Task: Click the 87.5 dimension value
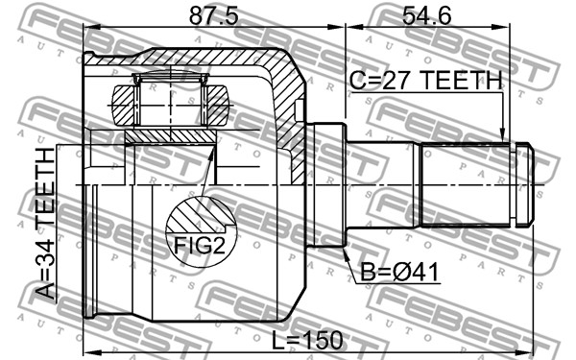(x=213, y=16)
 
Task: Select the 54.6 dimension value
(x=426, y=16)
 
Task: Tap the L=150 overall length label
(x=307, y=340)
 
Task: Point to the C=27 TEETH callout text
(x=425, y=80)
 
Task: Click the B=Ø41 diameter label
(x=399, y=273)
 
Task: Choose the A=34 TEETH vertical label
(x=45, y=223)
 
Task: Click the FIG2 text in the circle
(x=199, y=246)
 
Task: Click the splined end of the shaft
(x=465, y=184)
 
